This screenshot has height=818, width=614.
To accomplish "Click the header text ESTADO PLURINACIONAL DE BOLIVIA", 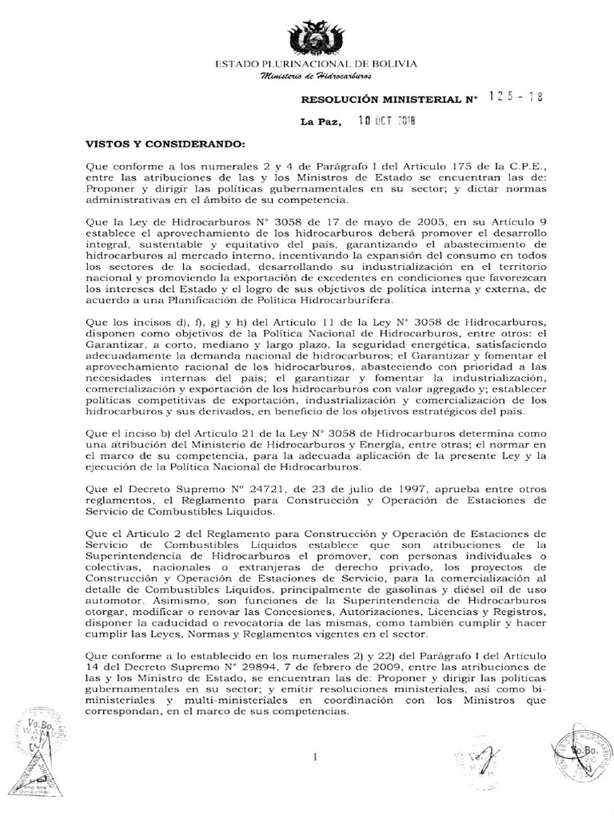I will coord(317,63).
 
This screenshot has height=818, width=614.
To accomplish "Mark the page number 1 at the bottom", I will coord(317,756).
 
